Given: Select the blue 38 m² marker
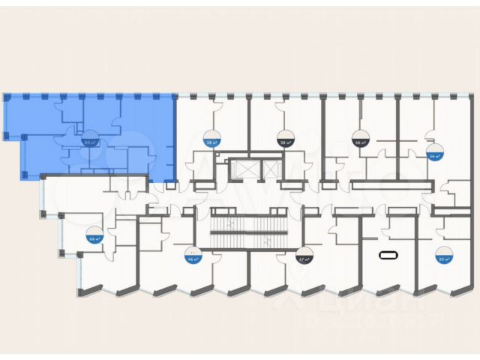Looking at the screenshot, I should click(x=211, y=138).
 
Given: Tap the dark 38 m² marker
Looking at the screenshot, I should click(x=285, y=138).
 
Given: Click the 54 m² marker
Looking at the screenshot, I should click(x=433, y=154).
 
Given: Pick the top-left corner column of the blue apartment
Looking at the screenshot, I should click(x=7, y=97).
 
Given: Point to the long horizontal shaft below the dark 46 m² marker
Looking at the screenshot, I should click(x=390, y=186).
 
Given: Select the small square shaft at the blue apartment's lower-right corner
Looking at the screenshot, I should click(x=171, y=184).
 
